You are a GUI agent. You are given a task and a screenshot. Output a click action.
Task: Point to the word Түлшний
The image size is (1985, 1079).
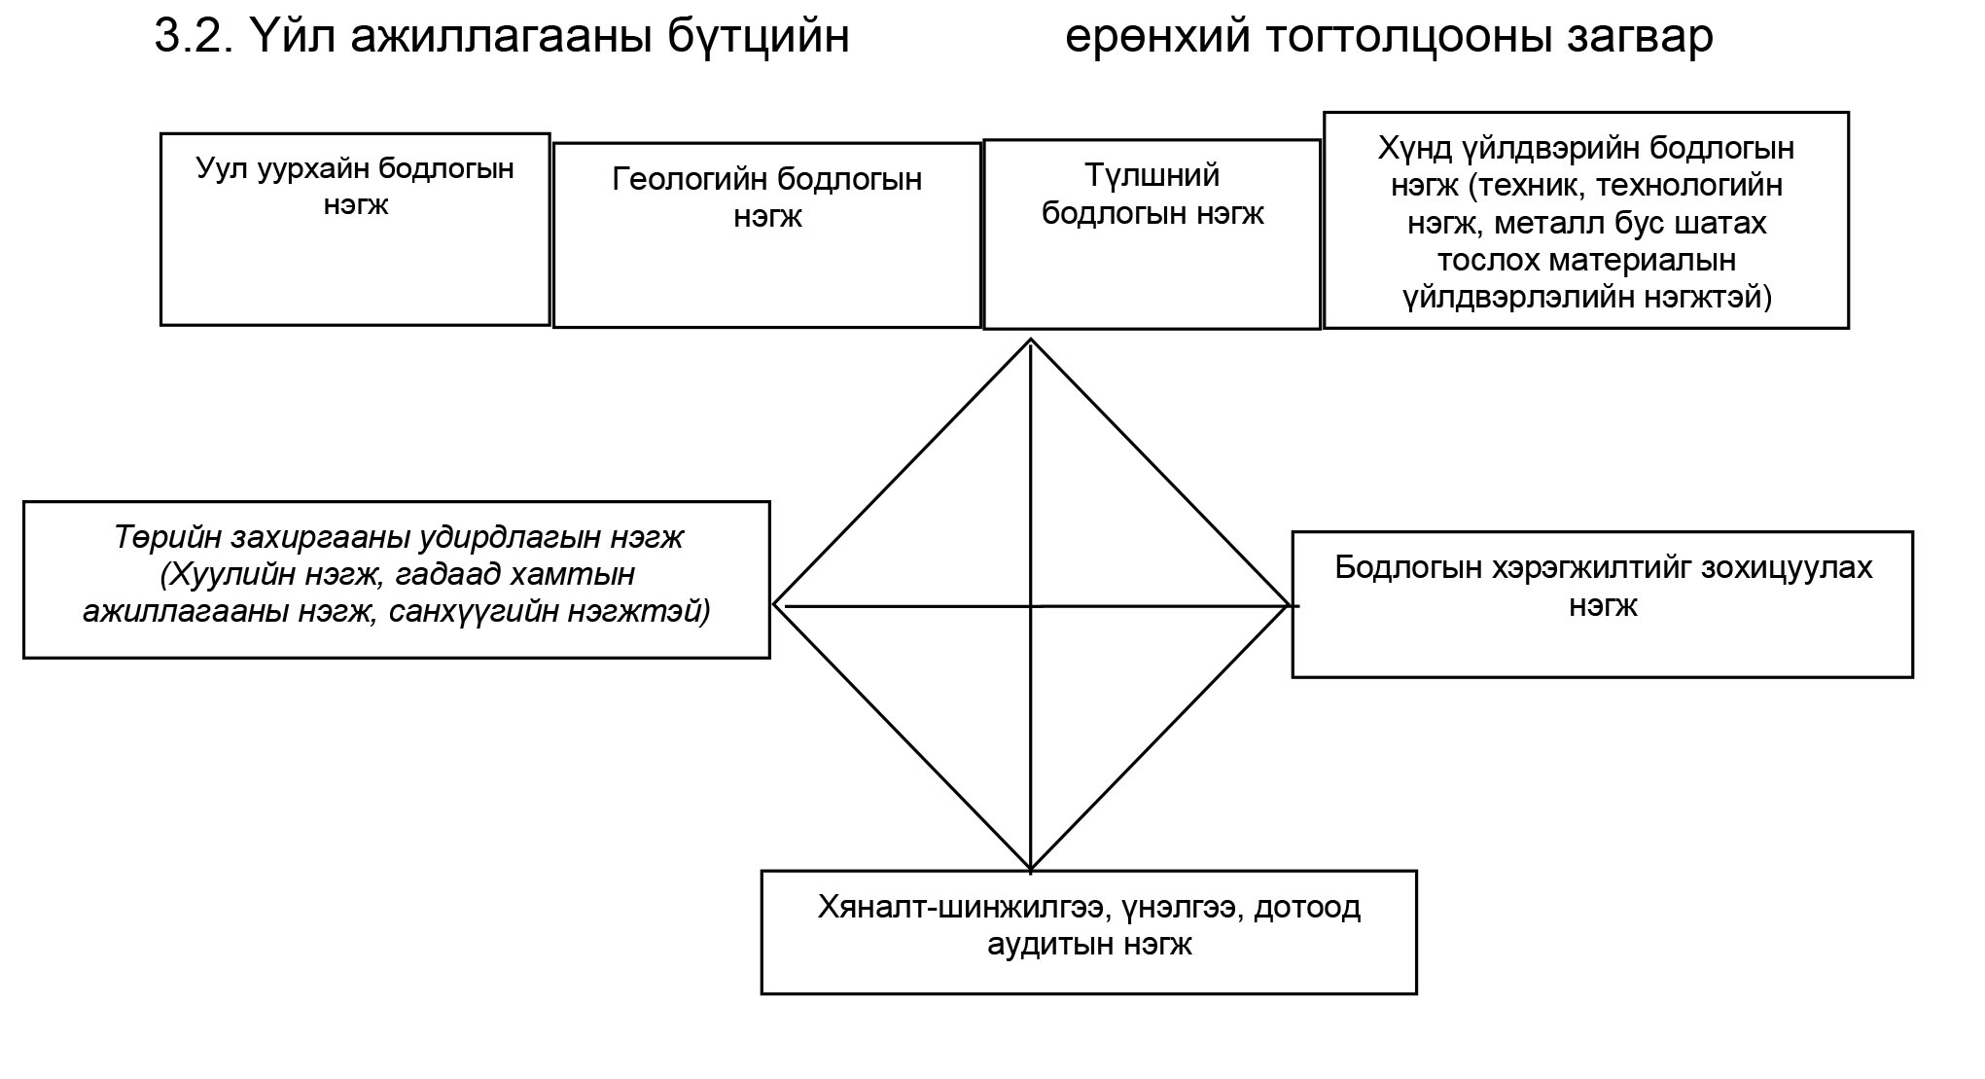pyautogui.click(x=1152, y=176)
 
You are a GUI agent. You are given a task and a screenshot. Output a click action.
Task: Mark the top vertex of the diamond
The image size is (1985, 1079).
pyautogui.click(x=1030, y=339)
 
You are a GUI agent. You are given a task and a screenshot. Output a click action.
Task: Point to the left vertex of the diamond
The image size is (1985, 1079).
pyautogui.click(x=774, y=604)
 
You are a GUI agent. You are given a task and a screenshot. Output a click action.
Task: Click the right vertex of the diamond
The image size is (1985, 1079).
pyautogui.click(x=1288, y=605)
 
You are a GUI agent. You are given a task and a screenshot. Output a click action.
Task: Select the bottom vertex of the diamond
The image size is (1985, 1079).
pyautogui.click(x=1030, y=868)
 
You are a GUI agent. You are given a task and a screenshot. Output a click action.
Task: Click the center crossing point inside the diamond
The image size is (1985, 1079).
pyautogui.click(x=1031, y=606)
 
